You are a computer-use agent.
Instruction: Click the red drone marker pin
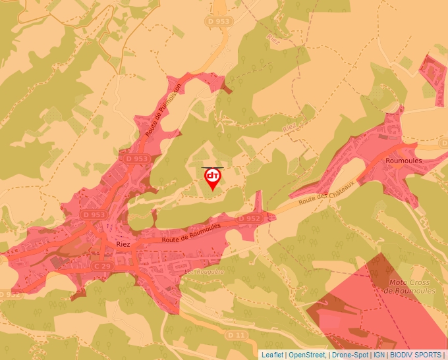(213, 178)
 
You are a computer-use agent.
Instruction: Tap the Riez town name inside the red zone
(123, 243)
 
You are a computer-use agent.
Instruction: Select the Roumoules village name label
(404, 160)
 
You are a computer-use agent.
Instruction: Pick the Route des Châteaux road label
(325, 192)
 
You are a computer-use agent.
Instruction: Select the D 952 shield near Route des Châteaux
(250, 218)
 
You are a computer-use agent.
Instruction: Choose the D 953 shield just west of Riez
(94, 215)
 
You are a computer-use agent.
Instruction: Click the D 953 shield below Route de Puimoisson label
(137, 159)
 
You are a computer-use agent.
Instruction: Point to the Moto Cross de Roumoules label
(412, 286)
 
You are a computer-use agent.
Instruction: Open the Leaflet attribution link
(272, 355)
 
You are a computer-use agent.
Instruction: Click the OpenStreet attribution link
(306, 355)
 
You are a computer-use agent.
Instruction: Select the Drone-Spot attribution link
(350, 355)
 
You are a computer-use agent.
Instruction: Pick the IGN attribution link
(379, 355)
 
